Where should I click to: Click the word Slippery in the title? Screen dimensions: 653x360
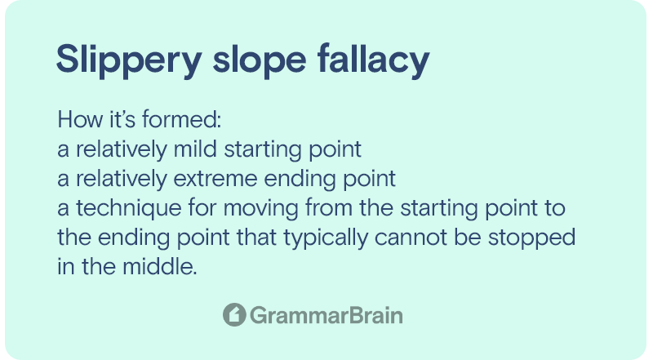click(129, 60)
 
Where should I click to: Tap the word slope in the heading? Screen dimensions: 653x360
click(260, 60)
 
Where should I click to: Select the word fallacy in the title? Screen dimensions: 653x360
click(374, 60)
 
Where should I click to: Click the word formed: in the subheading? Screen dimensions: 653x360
click(181, 119)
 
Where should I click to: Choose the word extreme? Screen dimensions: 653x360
click(215, 179)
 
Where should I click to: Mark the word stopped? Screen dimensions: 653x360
click(531, 238)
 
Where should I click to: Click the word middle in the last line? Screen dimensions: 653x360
click(160, 267)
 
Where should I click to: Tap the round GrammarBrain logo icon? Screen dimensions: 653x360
click(234, 314)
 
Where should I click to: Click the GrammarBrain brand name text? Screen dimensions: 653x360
click(326, 315)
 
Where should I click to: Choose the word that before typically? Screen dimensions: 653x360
click(256, 238)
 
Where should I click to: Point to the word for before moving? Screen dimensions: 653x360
click(202, 208)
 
